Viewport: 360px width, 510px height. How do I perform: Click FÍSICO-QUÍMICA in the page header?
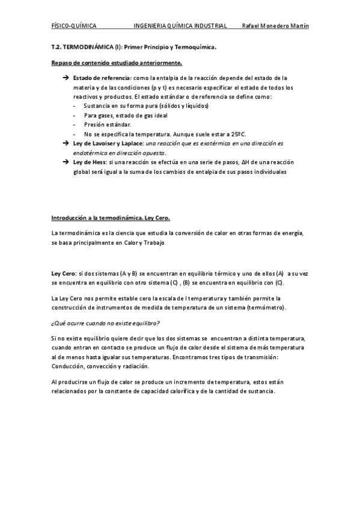[x=74, y=26]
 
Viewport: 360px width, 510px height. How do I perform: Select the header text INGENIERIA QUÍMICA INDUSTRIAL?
[x=180, y=26]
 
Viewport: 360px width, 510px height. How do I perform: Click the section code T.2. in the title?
[x=56, y=46]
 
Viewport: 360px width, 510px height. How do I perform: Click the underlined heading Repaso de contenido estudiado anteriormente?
[x=117, y=63]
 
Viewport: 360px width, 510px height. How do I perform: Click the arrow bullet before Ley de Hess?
[x=66, y=162]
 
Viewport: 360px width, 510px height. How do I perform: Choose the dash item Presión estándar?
[x=103, y=124]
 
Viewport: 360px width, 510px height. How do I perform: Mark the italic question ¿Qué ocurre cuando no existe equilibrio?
[x=105, y=323]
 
